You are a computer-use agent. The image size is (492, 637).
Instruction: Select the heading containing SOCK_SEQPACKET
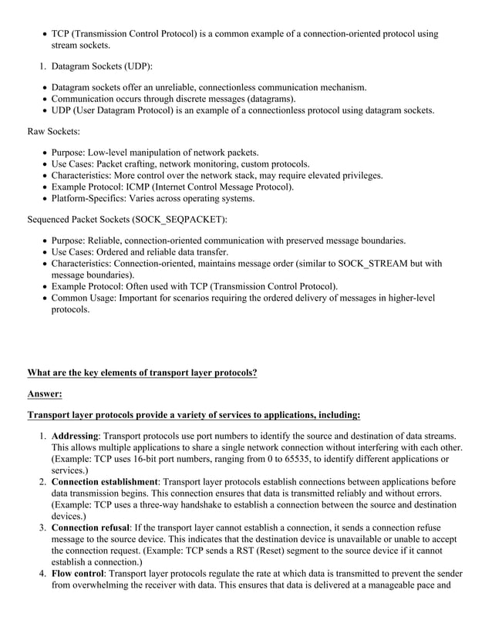pos(127,220)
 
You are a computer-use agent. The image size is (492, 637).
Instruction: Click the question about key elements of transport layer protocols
pos(142,372)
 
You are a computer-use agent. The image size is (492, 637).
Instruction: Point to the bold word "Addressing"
pos(75,436)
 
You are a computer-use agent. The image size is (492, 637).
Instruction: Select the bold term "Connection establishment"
pos(104,482)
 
